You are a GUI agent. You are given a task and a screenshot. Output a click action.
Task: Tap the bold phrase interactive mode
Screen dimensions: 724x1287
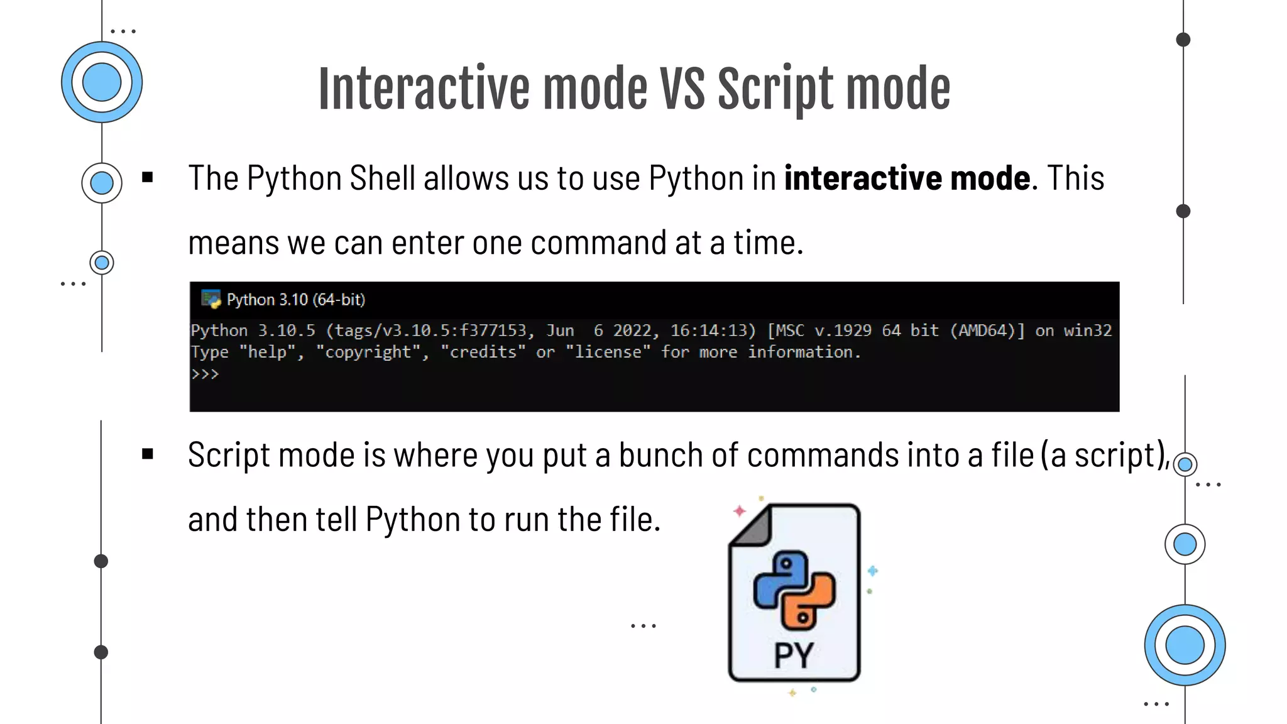(907, 178)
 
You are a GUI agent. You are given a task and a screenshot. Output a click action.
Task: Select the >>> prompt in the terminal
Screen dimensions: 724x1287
(205, 374)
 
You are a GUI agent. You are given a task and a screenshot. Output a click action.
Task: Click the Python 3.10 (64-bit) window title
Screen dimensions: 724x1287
(295, 300)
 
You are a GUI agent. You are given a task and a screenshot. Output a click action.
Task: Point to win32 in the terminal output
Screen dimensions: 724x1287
(1087, 331)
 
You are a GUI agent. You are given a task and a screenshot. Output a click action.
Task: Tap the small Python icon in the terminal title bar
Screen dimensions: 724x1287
(211, 299)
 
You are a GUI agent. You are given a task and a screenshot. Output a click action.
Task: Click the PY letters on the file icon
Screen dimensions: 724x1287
(794, 655)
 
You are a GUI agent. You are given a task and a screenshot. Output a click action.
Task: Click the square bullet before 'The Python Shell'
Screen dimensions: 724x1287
(148, 177)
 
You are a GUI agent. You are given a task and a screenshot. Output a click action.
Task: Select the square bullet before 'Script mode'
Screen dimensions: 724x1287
(148, 454)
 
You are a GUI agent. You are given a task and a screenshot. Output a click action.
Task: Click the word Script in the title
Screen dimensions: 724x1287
(775, 89)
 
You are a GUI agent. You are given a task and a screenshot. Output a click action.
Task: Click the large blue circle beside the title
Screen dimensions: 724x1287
(102, 82)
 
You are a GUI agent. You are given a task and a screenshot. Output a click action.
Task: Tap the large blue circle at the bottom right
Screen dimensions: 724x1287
(1185, 645)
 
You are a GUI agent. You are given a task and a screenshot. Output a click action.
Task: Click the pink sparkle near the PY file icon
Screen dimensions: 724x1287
(740, 511)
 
